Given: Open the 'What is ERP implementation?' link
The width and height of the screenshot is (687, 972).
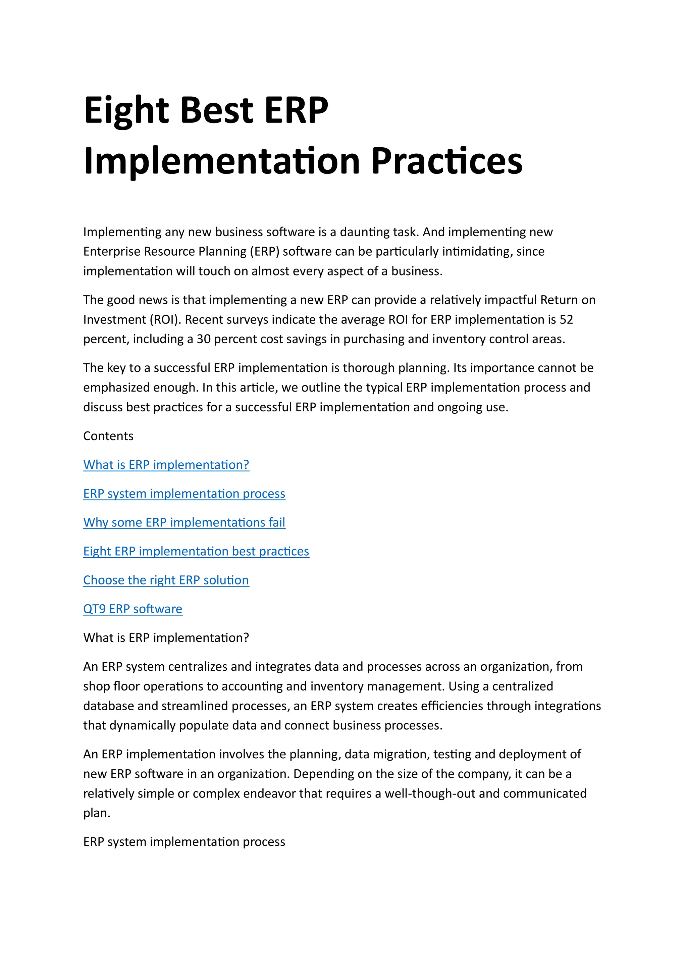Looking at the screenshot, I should [x=166, y=465].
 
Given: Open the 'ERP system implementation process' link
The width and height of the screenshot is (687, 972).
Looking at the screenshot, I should [x=184, y=494].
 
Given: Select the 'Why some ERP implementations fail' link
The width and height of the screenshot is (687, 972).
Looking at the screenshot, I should [x=184, y=522].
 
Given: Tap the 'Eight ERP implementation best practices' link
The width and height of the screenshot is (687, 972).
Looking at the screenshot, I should [x=196, y=551].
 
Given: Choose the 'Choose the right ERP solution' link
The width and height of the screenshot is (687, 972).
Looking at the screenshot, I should [x=166, y=580].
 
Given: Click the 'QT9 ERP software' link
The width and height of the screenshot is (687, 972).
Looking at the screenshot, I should [x=133, y=609].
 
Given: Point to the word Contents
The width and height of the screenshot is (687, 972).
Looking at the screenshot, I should [x=108, y=436].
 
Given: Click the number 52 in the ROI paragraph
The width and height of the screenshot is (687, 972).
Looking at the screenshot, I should [x=566, y=320].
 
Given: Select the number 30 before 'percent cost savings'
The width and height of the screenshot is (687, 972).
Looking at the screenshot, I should [x=204, y=339].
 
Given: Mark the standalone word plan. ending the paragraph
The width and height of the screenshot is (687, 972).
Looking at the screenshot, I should [x=97, y=813].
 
